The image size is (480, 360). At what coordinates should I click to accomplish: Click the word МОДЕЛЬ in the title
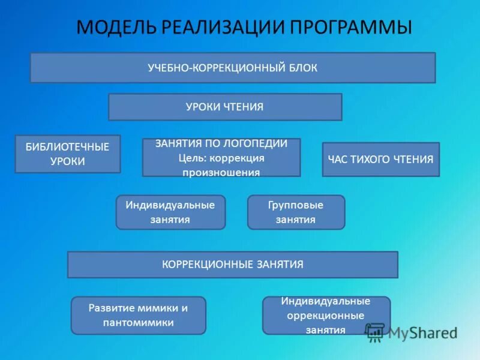pyautogui.click(x=115, y=28)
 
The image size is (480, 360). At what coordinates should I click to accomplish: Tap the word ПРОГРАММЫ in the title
pyautogui.click(x=352, y=28)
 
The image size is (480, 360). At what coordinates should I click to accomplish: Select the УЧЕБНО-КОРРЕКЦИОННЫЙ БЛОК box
pyautogui.click(x=233, y=68)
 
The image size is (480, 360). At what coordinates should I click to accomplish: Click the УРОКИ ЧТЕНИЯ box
pyautogui.click(x=225, y=107)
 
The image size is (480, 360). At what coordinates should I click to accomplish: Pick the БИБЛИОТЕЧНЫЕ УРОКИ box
pyautogui.click(x=68, y=154)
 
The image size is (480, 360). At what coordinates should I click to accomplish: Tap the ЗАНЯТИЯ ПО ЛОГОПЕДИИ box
pyautogui.click(x=221, y=157)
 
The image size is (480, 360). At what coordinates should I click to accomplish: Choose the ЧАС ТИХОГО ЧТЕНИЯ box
pyautogui.click(x=380, y=159)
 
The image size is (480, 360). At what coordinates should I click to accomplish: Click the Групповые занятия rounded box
pyautogui.click(x=296, y=212)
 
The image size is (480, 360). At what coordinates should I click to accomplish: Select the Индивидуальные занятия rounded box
pyautogui.click(x=170, y=212)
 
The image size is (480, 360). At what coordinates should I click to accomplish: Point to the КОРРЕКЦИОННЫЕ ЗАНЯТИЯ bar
pyautogui.click(x=232, y=265)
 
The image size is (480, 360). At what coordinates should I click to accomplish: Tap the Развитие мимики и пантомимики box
pyautogui.click(x=138, y=315)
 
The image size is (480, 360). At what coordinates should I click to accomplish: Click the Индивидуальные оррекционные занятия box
pyautogui.click(x=326, y=315)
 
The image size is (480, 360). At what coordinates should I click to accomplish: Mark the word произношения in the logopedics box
pyautogui.click(x=221, y=172)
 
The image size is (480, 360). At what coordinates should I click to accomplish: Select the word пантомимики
pyautogui.click(x=138, y=322)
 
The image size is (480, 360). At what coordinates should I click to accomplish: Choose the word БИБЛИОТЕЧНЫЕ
pyautogui.click(x=67, y=147)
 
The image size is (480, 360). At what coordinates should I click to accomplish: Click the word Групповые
pyautogui.click(x=296, y=205)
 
